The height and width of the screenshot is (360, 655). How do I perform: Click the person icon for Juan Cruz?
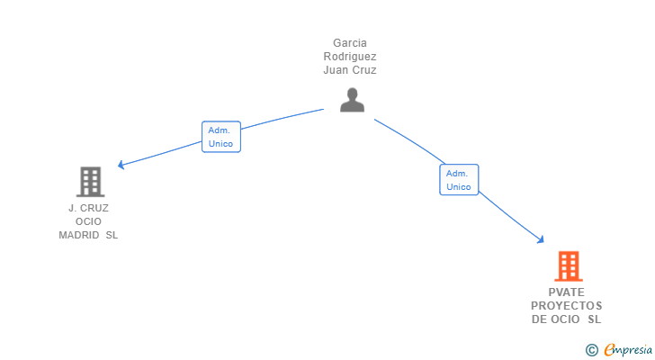(352, 100)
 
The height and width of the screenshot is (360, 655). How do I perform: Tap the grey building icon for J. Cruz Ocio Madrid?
(90, 182)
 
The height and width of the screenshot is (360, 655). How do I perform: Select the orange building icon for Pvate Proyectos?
(568, 266)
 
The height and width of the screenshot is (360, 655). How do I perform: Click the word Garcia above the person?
(350, 42)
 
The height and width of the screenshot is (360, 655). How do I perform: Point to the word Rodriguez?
(350, 56)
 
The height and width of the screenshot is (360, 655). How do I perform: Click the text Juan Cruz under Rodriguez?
(350, 69)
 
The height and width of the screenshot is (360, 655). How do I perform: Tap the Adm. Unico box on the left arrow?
(220, 137)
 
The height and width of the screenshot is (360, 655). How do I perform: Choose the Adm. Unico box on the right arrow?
(459, 180)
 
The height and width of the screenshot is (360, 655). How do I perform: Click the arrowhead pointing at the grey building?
(121, 165)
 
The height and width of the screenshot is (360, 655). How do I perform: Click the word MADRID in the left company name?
(79, 235)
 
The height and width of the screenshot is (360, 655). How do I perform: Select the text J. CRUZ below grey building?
(88, 208)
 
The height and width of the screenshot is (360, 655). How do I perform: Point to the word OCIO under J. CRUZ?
(88, 221)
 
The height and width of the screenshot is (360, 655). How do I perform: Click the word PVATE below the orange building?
(566, 292)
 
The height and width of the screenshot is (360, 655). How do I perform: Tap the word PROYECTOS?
(566, 306)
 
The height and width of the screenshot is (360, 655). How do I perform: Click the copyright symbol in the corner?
(591, 350)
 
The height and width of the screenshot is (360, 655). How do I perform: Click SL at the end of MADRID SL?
(112, 235)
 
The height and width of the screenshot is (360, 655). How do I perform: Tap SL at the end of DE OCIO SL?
(594, 319)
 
